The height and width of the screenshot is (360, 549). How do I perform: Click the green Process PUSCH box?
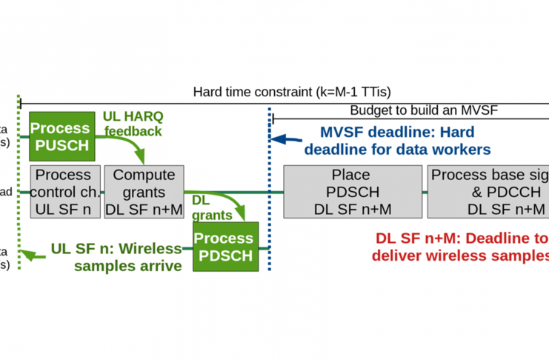tap(61, 136)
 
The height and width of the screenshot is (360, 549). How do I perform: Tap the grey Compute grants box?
tap(144, 192)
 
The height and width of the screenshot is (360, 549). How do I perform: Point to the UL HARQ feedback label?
tap(132, 123)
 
